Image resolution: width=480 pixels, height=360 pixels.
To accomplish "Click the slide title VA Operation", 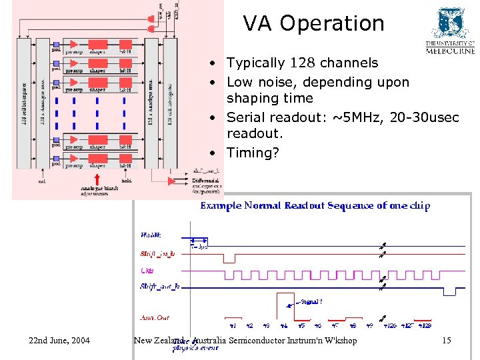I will coord(313,23).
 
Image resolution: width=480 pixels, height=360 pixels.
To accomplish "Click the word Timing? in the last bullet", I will coord(253,153).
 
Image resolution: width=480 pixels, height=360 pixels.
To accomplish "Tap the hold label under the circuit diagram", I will coord(127,180).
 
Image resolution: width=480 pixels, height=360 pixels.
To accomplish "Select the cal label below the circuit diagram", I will coord(41,180).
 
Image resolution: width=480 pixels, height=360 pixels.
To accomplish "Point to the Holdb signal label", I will coord(149,235).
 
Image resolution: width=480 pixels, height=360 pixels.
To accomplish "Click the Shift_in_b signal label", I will coord(157,254).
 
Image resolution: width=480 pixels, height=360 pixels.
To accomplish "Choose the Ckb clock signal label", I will coord(147,271).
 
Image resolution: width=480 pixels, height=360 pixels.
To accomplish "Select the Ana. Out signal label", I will coord(153,318).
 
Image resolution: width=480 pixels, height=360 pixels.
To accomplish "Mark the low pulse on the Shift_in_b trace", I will coord(229,258).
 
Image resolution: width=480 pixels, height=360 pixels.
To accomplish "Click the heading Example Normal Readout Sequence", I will coord(315,206).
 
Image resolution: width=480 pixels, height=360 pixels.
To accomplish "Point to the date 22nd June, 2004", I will coord(59,341).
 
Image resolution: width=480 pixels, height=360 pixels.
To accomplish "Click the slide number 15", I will coord(446,341).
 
